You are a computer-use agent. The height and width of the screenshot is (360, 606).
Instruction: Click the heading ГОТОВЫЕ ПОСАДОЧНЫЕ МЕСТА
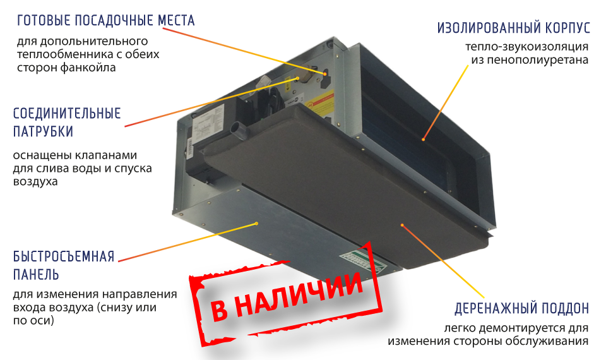[105, 20]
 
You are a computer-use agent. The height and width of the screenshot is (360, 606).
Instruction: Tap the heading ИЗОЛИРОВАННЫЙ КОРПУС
[514, 28]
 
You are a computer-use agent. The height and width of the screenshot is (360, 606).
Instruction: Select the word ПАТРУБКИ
[44, 131]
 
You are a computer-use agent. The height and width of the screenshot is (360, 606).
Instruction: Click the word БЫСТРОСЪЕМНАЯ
[64, 256]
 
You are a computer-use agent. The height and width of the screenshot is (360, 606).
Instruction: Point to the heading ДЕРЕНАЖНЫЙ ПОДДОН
[522, 309]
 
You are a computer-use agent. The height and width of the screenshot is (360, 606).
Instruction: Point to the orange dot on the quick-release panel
[256, 224]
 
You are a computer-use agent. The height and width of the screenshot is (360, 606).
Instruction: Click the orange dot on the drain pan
[402, 225]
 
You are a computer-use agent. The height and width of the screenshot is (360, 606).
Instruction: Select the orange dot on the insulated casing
[424, 139]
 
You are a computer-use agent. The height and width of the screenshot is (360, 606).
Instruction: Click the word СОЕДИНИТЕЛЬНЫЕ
[67, 113]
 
